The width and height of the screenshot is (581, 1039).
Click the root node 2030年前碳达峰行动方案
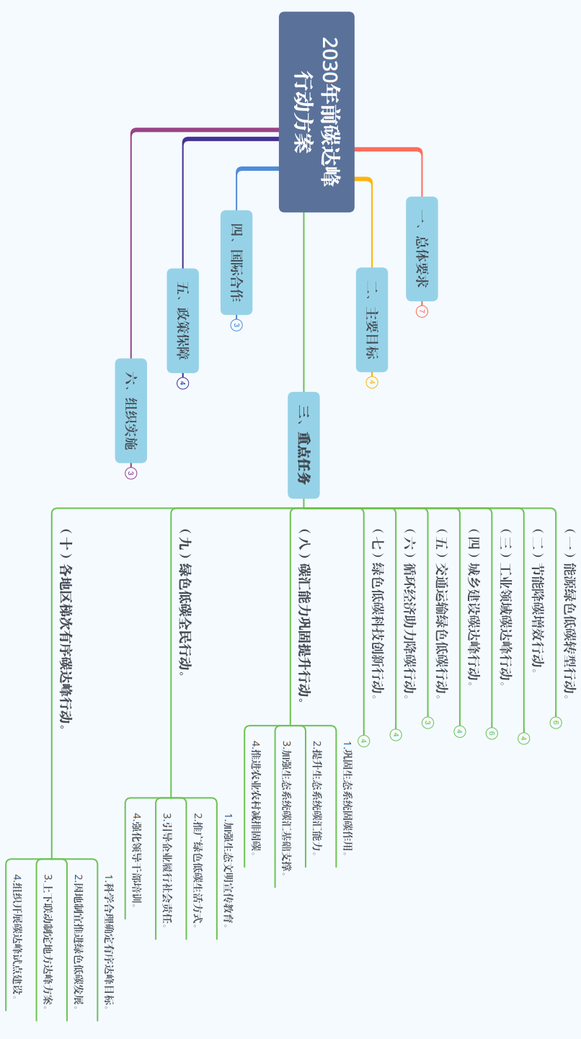pyautogui.click(x=316, y=112)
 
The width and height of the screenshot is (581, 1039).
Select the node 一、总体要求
pyautogui.click(x=422, y=249)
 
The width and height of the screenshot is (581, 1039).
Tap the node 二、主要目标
pyautogui.click(x=372, y=320)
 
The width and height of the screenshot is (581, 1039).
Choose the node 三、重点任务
pyautogui.click(x=303, y=445)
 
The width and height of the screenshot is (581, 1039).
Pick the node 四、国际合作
pyautogui.click(x=236, y=262)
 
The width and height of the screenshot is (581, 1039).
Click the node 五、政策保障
pyautogui.click(x=183, y=321)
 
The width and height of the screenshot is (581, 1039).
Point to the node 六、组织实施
pyautogui.click(x=131, y=410)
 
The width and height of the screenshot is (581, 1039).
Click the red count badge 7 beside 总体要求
pyautogui.click(x=422, y=312)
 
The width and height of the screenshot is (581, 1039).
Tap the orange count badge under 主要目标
pyautogui.click(x=372, y=382)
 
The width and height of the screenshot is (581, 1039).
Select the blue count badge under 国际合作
pyautogui.click(x=236, y=325)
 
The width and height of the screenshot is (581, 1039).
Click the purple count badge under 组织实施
pyautogui.click(x=130, y=473)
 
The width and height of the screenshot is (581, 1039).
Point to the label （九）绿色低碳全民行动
pyautogui.click(x=185, y=605)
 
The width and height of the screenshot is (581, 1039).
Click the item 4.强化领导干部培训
pyautogui.click(x=137, y=857)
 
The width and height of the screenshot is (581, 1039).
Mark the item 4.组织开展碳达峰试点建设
pyautogui.click(x=17, y=936)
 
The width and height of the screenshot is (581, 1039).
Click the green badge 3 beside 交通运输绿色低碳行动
pyautogui.click(x=427, y=723)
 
